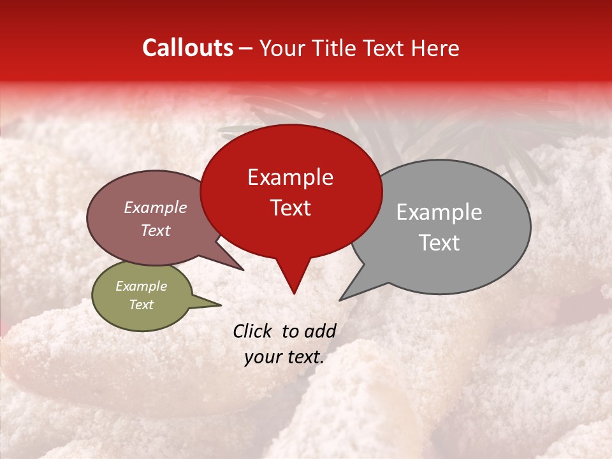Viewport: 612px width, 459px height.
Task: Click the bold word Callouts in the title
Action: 187,48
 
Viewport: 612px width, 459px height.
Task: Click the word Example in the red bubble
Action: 290,177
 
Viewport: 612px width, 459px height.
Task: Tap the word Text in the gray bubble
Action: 439,243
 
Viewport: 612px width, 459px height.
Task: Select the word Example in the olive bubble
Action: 141,286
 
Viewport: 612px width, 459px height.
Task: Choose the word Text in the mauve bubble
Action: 156,231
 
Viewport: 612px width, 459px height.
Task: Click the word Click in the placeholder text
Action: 253,331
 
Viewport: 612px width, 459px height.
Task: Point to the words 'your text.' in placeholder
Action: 284,357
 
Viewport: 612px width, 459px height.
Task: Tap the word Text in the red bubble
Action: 291,208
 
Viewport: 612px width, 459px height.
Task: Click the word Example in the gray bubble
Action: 439,212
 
